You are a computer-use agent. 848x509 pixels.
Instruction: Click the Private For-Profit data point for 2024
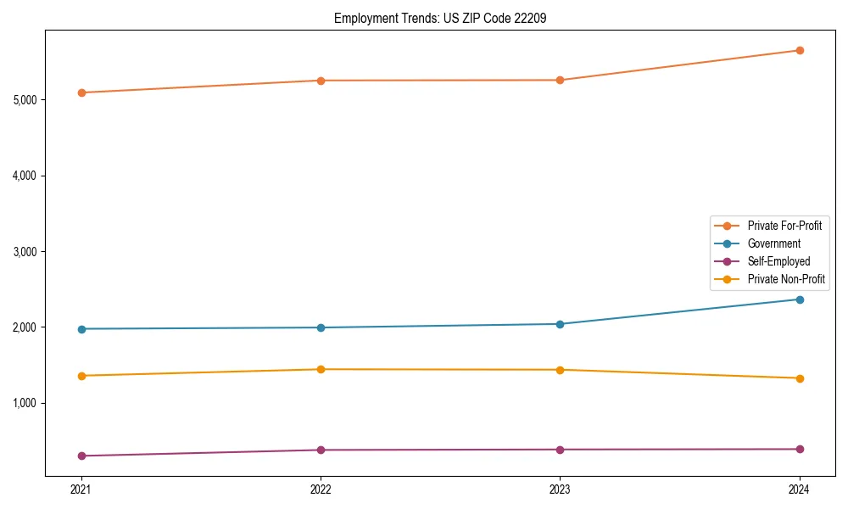coord(800,50)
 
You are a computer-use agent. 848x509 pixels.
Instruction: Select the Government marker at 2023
coord(560,324)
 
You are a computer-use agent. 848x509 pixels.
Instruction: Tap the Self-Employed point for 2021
coord(81,456)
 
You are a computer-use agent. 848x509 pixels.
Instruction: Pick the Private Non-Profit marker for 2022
coord(321,369)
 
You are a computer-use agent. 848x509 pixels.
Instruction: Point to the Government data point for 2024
coord(800,299)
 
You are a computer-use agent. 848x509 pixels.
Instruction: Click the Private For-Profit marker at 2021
coord(81,92)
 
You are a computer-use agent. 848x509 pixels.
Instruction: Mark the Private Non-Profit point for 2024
coord(800,378)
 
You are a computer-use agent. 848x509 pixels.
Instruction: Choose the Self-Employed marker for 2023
coord(560,450)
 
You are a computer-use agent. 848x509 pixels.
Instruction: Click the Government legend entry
coord(773,243)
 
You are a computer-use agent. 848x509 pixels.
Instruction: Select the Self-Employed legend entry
coord(778,261)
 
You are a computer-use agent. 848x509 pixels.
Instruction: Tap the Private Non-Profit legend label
coord(786,279)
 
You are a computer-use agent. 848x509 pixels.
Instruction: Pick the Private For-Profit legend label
coord(784,226)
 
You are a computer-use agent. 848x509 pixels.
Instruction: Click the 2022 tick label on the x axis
coord(321,489)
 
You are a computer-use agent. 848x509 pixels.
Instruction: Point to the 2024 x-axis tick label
coord(800,489)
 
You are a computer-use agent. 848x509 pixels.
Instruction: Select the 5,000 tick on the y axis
coord(25,100)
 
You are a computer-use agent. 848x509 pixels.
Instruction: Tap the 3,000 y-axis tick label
coord(25,252)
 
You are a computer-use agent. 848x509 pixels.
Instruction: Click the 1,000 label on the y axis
coord(25,403)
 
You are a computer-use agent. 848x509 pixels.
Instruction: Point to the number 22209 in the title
coord(529,18)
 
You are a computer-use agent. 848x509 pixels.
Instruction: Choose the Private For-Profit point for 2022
coord(321,81)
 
